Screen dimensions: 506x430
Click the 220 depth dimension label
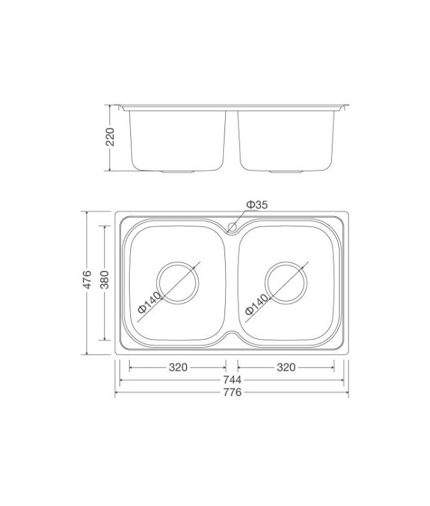(109, 137)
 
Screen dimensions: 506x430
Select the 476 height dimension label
(88, 280)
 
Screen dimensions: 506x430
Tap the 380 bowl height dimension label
(104, 280)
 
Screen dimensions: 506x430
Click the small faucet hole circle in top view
(232, 226)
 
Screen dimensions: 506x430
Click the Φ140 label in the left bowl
(150, 302)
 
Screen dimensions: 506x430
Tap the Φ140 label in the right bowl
(257, 302)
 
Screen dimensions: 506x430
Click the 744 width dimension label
(232, 381)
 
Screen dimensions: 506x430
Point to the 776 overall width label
(232, 393)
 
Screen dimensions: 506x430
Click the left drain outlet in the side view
(180, 171)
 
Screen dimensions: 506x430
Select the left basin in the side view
(178, 139)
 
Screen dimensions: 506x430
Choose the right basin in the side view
(286, 139)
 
